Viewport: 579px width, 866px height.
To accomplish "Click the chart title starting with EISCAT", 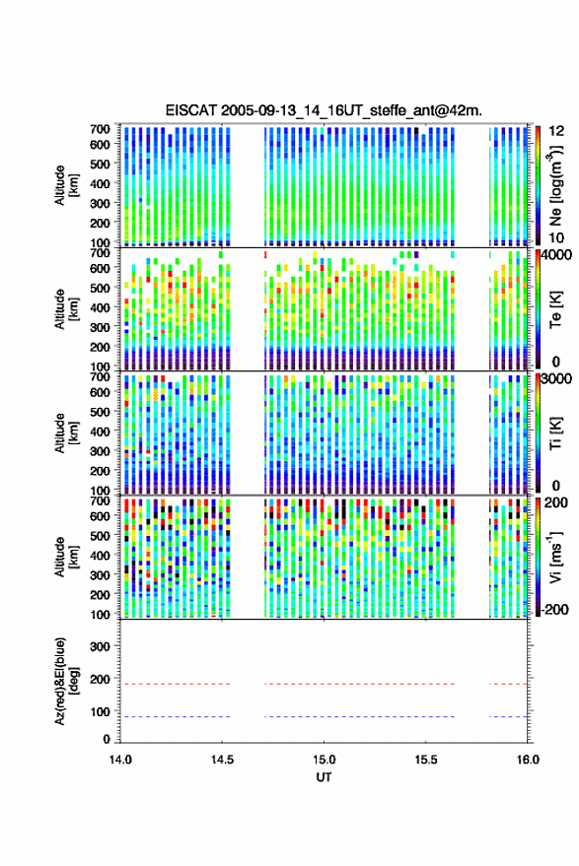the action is [324, 110].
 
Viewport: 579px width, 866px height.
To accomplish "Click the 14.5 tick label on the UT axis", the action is [222, 760].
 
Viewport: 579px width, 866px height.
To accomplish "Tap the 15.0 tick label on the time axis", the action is [324, 760].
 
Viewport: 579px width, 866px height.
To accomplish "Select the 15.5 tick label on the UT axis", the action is [425, 760].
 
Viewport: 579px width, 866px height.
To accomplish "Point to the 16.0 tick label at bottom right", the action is [528, 760].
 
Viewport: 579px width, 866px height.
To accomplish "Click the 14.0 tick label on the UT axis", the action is [120, 760].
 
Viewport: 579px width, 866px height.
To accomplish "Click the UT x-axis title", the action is [324, 777].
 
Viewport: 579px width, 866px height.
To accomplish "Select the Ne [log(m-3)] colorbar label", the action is [555, 185].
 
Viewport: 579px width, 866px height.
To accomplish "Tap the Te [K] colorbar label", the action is [555, 309].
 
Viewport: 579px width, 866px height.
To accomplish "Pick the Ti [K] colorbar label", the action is [555, 433].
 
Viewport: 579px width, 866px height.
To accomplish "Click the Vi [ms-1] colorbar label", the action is [555, 558].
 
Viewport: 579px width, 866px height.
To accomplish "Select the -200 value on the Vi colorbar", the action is [553, 610].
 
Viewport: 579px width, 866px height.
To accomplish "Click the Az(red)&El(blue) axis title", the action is [66, 681].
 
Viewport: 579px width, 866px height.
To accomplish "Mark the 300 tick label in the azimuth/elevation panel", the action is [100, 646].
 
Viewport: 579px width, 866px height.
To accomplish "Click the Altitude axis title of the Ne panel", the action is [66, 185].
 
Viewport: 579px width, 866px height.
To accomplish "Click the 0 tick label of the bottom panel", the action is [107, 739].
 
